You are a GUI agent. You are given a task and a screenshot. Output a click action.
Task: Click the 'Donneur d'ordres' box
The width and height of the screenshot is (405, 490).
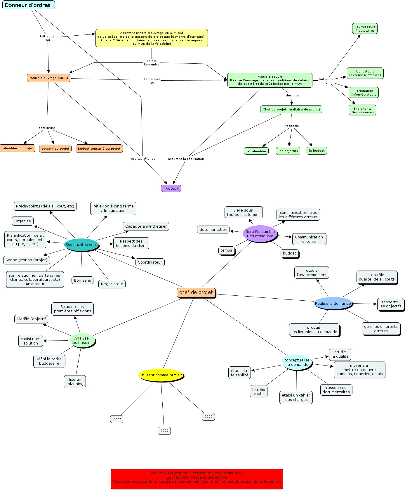coord(28,5)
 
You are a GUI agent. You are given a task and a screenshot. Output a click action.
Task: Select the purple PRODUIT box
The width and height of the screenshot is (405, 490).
coord(171,188)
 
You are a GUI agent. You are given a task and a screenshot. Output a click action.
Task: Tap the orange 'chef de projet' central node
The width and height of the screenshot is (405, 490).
coord(196,292)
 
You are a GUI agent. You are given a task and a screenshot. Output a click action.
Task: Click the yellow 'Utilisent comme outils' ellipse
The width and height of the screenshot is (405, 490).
coord(161,375)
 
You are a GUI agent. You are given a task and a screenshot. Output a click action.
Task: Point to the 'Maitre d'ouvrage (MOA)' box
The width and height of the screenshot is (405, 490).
coord(48,78)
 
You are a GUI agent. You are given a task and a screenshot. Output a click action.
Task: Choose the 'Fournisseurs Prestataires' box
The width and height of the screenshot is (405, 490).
coord(365,29)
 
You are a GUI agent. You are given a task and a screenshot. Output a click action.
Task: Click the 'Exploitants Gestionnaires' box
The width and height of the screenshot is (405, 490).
coord(362,110)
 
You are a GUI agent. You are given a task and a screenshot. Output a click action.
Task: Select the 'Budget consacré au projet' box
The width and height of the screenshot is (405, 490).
coord(99,148)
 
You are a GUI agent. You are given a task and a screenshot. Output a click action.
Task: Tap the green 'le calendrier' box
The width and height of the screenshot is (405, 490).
coord(256,151)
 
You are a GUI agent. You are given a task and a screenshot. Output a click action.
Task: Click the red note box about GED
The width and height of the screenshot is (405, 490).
coord(197,479)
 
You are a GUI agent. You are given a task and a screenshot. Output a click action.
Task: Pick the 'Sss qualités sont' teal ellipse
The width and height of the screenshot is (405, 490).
coord(81,245)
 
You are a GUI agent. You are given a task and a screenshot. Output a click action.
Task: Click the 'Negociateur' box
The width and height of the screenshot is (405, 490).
coord(112,284)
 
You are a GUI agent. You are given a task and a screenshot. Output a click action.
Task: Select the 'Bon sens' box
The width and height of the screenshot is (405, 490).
coord(83,280)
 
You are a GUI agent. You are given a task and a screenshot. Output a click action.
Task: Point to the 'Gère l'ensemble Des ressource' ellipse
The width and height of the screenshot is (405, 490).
coord(260,234)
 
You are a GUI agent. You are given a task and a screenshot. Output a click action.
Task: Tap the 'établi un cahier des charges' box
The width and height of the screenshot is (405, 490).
coord(296,397)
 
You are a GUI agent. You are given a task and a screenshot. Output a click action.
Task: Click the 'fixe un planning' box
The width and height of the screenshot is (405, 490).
coord(75,382)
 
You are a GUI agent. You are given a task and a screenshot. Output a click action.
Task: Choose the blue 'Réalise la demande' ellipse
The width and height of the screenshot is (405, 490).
coord(333,303)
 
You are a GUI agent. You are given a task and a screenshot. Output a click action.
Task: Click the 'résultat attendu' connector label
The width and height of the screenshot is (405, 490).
coord(142,158)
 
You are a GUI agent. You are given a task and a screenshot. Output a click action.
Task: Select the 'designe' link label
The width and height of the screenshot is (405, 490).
coord(292,95)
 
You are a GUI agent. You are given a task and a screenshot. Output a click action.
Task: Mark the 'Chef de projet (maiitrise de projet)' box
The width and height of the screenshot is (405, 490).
coord(291,109)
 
